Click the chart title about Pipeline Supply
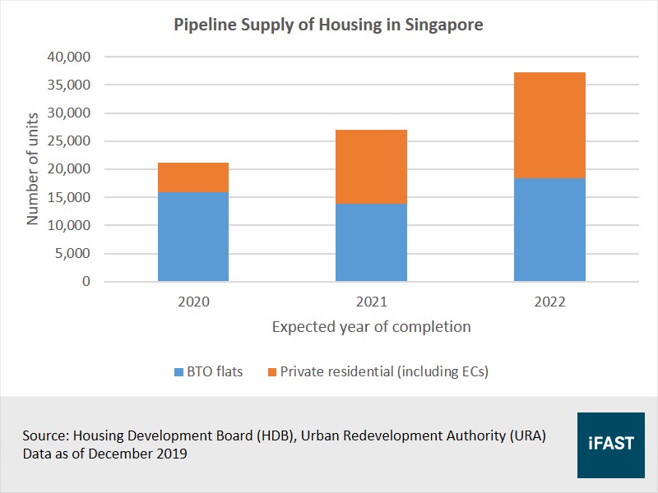coord(328,25)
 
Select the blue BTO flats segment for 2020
coord(193,237)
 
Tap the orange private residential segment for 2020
coord(193,177)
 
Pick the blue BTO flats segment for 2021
coord(371,242)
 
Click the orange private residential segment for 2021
coord(371,167)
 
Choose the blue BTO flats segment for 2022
coord(549,230)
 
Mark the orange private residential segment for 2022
coord(549,125)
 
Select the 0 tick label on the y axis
coord(86,282)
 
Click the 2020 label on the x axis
coord(193,302)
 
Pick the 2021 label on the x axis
coord(371,302)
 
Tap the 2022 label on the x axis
coord(549,302)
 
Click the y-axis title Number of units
coord(33,169)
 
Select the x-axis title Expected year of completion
coord(371,327)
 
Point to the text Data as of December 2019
coord(105,454)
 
